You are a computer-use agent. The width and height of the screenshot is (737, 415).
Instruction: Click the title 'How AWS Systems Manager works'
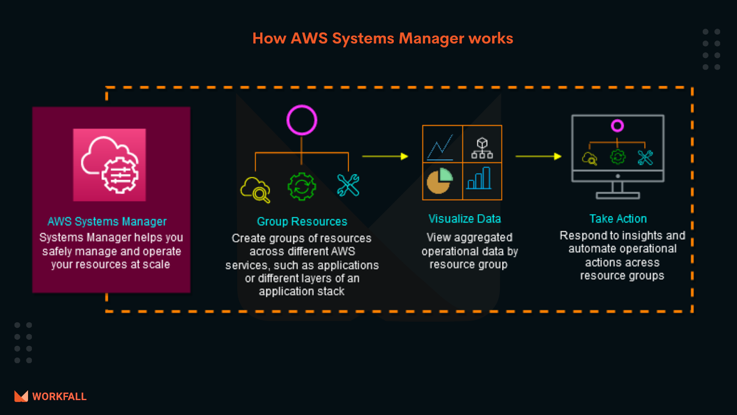tap(382, 38)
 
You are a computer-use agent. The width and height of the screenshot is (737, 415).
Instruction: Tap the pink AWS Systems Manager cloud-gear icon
tap(110, 165)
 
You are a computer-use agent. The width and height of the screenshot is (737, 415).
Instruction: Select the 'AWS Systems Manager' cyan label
tap(107, 222)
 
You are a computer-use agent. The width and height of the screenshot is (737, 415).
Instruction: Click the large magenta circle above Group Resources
tap(302, 120)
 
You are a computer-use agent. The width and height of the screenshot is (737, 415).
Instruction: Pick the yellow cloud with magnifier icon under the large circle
tap(255, 189)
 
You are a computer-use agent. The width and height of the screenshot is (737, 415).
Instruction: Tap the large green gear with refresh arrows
tap(302, 186)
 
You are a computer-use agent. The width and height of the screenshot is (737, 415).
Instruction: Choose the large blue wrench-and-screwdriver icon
tap(348, 185)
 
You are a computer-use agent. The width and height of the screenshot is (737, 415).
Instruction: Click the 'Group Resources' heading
tap(302, 222)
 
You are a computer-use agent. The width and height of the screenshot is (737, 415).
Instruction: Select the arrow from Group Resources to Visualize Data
tap(385, 156)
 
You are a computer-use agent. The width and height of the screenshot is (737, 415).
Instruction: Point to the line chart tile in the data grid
tap(442, 144)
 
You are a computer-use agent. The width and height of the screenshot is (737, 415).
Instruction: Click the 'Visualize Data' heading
tap(464, 219)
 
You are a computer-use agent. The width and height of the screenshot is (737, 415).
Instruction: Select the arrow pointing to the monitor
tap(538, 156)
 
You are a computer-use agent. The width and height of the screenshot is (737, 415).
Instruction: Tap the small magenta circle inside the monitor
tap(617, 125)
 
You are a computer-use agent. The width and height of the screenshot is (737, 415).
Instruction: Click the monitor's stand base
tap(618, 196)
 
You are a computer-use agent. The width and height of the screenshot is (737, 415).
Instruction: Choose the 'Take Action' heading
tap(618, 219)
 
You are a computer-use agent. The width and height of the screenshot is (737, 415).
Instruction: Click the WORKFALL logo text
tap(59, 397)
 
